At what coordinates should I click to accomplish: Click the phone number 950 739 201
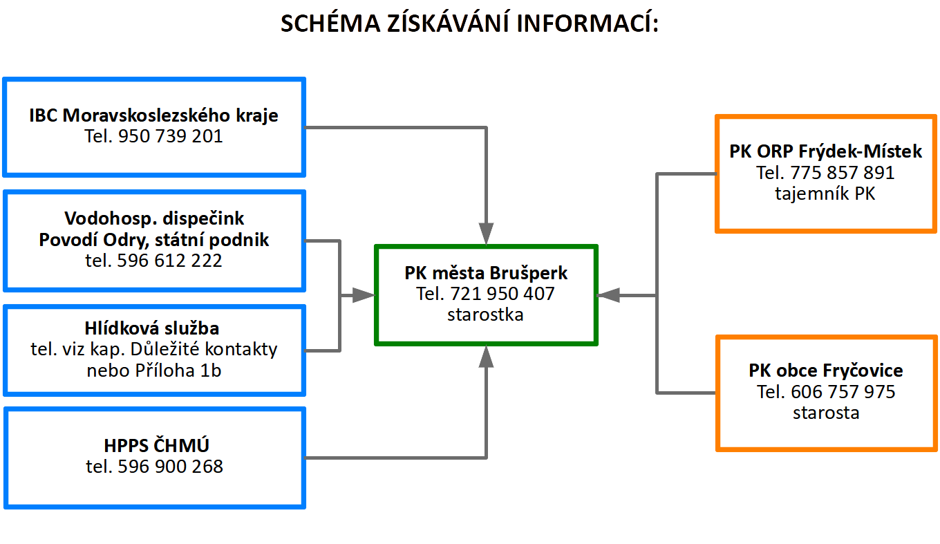click(x=170, y=136)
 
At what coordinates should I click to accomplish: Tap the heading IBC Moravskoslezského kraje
click(x=153, y=115)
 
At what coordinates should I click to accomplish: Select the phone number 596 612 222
click(x=169, y=261)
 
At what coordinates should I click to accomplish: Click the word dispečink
click(x=203, y=218)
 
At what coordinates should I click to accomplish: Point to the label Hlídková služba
click(x=152, y=328)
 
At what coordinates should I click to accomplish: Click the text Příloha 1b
click(x=178, y=371)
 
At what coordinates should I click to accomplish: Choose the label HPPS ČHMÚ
click(x=156, y=445)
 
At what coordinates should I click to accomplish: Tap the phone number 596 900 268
click(x=170, y=467)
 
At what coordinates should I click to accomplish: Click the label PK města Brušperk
click(x=486, y=273)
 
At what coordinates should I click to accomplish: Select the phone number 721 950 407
click(x=502, y=294)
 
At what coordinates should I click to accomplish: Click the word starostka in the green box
click(x=485, y=315)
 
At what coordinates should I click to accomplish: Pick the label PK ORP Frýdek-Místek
click(x=825, y=151)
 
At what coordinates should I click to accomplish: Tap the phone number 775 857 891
click(x=843, y=173)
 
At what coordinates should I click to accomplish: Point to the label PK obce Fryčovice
click(x=826, y=371)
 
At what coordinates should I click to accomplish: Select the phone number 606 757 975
click(x=843, y=392)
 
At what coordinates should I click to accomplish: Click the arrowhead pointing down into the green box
click(x=486, y=234)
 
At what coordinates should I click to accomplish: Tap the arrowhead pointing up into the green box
click(x=486, y=357)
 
